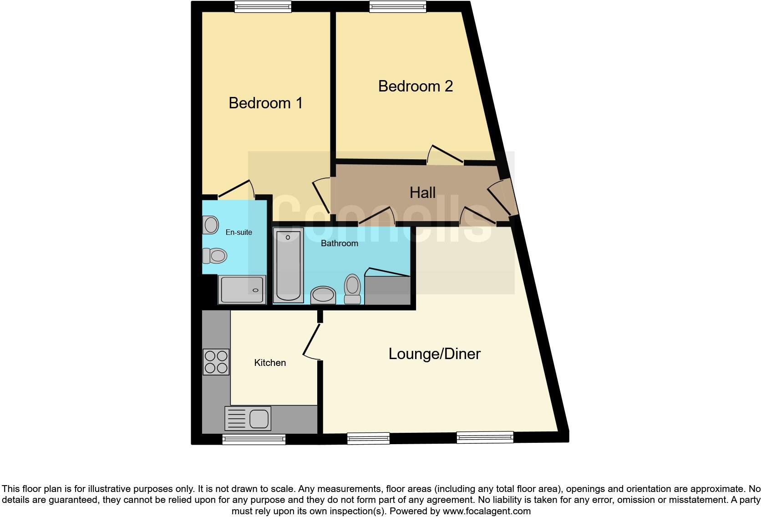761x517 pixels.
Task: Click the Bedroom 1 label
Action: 265,103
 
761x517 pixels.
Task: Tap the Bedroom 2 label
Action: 415,86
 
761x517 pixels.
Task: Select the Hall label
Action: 422,193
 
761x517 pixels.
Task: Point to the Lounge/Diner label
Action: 434,354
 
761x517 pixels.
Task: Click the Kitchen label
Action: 270,363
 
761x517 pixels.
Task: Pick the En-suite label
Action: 238,232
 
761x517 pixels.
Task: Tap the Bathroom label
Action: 339,243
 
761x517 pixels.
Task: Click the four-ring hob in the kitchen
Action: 216,362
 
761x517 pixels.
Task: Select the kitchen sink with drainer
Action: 248,418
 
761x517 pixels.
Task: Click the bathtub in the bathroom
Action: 288,265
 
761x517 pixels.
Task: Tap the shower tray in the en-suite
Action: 242,290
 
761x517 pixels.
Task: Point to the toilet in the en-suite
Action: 214,256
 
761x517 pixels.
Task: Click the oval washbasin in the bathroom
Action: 323,295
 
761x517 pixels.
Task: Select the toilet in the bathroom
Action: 352,289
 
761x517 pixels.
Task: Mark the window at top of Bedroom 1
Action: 263,6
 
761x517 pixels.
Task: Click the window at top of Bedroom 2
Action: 398,6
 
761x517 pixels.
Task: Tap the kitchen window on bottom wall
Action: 254,439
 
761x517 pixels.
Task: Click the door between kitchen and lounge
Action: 311,341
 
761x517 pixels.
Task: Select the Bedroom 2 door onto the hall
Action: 445,155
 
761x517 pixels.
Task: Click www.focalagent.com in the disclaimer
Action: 487,511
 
